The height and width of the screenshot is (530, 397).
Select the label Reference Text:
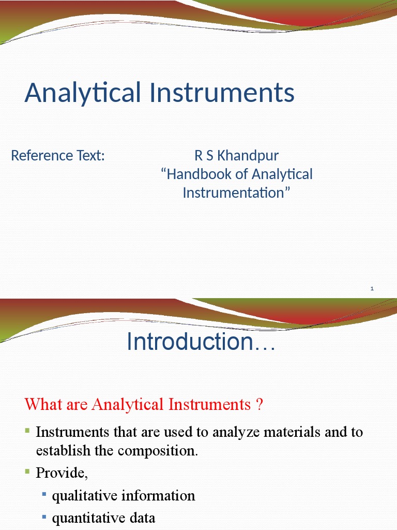(58, 155)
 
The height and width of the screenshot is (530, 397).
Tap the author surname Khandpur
(248, 155)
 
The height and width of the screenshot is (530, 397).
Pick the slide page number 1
(372, 289)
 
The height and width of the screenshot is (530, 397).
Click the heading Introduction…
(201, 342)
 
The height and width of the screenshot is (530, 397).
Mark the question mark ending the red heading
(259, 404)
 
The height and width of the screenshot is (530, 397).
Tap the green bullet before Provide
(28, 472)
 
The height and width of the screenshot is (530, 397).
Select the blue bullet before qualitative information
(44, 495)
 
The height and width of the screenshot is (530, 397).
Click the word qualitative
(85, 496)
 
